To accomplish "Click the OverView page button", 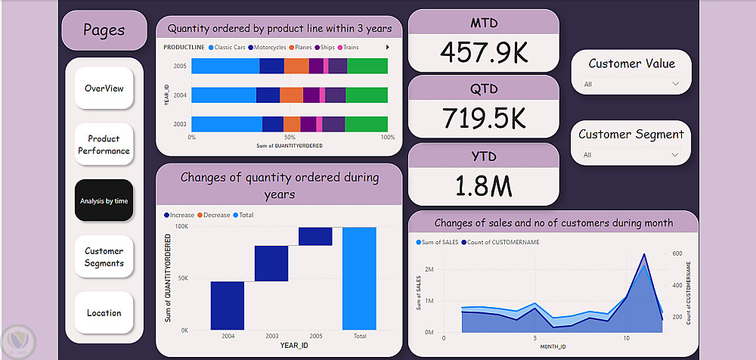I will point(104,88).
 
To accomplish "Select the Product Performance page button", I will point(104,144).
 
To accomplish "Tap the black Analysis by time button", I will point(104,200).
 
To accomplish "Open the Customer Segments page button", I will point(104,257).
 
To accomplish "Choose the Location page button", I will point(104,313).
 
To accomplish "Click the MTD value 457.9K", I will point(483,53).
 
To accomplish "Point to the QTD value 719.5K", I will point(483,119).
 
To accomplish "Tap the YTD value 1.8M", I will point(483,185).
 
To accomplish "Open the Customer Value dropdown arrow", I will point(675,84).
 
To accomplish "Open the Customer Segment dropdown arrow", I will point(675,155).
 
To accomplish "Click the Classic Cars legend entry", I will point(228,47).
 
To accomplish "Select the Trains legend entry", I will point(349,47).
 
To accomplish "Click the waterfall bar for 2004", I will point(228,306).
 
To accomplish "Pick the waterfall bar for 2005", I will point(315,236).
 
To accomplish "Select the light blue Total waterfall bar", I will point(359,278).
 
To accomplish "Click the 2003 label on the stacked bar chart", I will point(180,123).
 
